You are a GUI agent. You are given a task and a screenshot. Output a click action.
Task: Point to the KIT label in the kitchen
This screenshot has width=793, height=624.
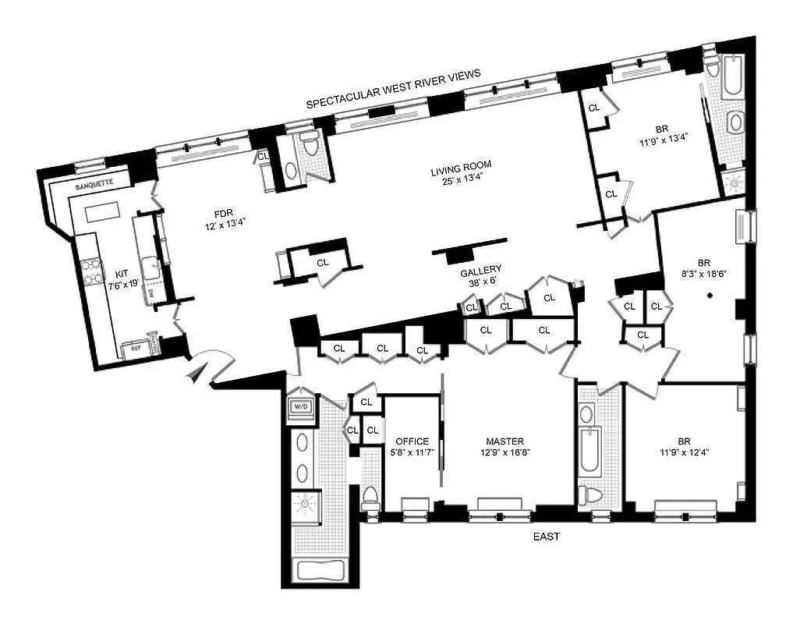click(122, 274)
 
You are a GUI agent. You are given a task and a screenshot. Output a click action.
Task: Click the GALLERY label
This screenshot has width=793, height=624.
click(480, 272)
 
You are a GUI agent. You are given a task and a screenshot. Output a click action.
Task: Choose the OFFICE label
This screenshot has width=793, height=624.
click(412, 441)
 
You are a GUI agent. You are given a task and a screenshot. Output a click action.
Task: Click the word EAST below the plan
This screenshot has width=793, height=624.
click(546, 537)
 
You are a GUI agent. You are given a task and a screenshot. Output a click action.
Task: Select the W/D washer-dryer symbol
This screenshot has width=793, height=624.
click(300, 406)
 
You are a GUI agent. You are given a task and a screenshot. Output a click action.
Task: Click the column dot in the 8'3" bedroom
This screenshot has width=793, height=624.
click(710, 295)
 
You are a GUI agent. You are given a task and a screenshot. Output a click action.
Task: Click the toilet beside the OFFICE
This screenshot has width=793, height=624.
click(370, 497)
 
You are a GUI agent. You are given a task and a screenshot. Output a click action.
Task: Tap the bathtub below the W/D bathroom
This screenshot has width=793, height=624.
click(320, 570)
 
